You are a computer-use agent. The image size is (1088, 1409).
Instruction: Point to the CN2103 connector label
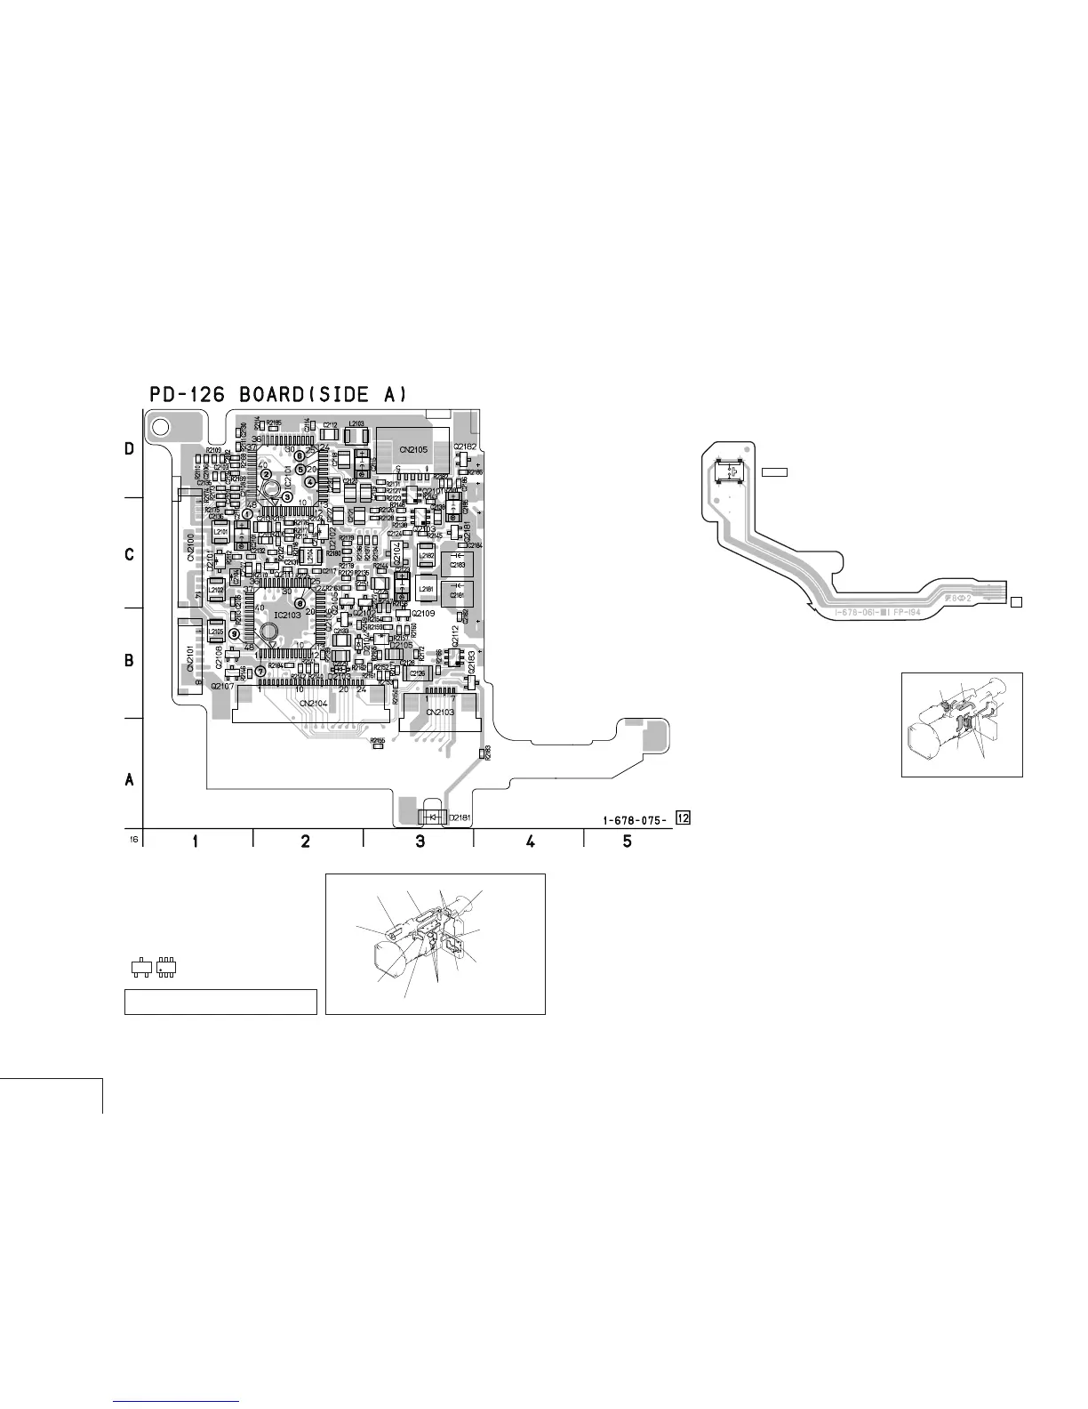pos(439,712)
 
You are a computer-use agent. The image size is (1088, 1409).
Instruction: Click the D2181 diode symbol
pos(430,816)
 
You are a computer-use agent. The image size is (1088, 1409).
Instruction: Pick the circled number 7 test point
pos(260,671)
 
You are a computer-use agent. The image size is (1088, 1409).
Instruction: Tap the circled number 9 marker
pos(234,633)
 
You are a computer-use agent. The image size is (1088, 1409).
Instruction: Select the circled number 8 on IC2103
pos(300,604)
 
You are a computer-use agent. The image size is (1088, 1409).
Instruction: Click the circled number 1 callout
pos(247,514)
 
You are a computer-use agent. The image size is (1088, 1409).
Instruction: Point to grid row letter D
pos(130,450)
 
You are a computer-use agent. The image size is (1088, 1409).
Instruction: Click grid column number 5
pos(628,841)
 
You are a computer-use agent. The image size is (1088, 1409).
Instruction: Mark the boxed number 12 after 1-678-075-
pos(683,817)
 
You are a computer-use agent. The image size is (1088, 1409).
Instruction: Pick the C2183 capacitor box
pos(457,564)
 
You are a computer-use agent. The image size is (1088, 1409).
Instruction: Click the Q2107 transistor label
pos(222,686)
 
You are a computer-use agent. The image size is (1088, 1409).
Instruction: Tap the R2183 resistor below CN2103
pos(483,753)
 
